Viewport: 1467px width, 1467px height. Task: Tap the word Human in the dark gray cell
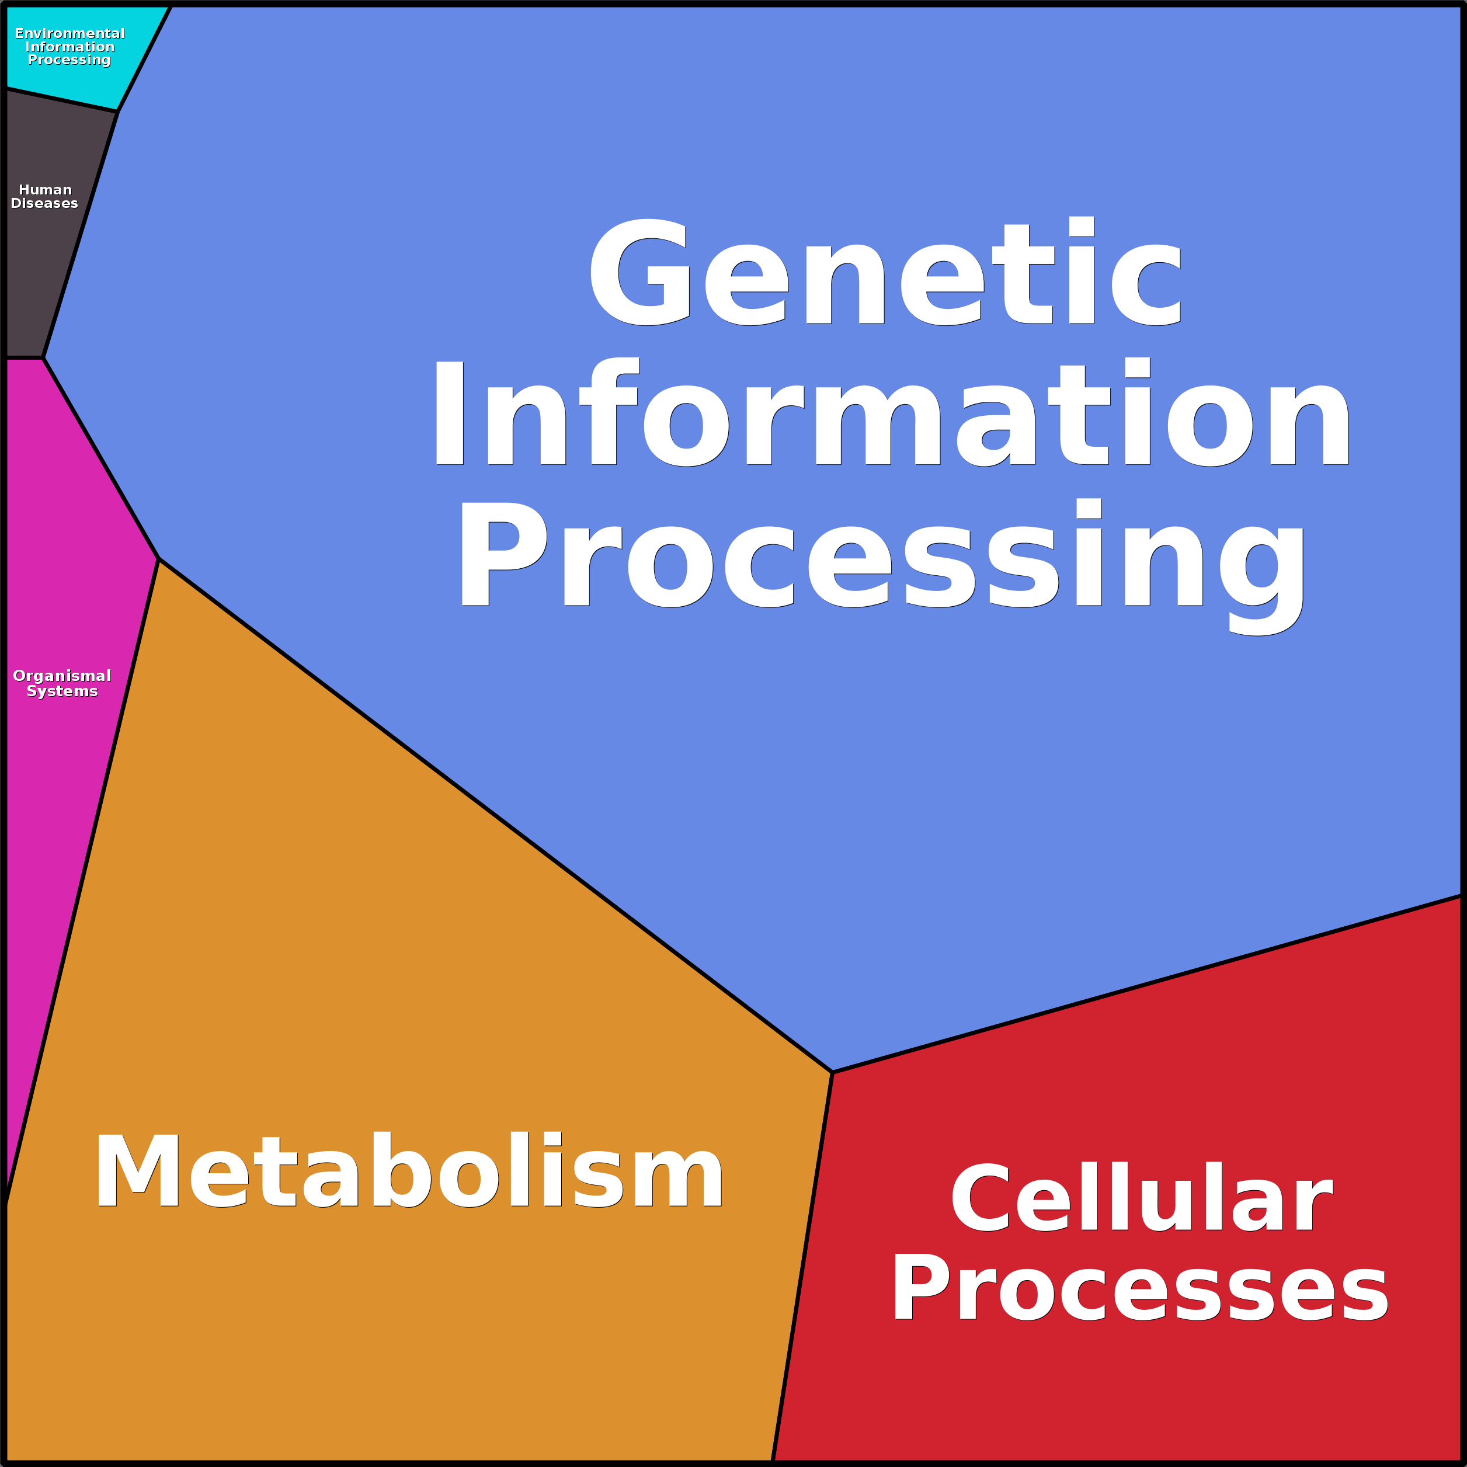coord(46,190)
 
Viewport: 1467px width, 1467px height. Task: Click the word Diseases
coord(44,203)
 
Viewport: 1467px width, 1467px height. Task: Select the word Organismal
coord(62,676)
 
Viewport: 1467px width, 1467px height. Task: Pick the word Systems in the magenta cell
coord(62,691)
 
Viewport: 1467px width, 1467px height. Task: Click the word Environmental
coord(70,33)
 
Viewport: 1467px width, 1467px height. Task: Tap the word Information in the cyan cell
coord(70,46)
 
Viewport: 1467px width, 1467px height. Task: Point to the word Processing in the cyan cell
coord(69,59)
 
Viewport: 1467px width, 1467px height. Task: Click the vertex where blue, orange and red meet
coord(833,1072)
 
